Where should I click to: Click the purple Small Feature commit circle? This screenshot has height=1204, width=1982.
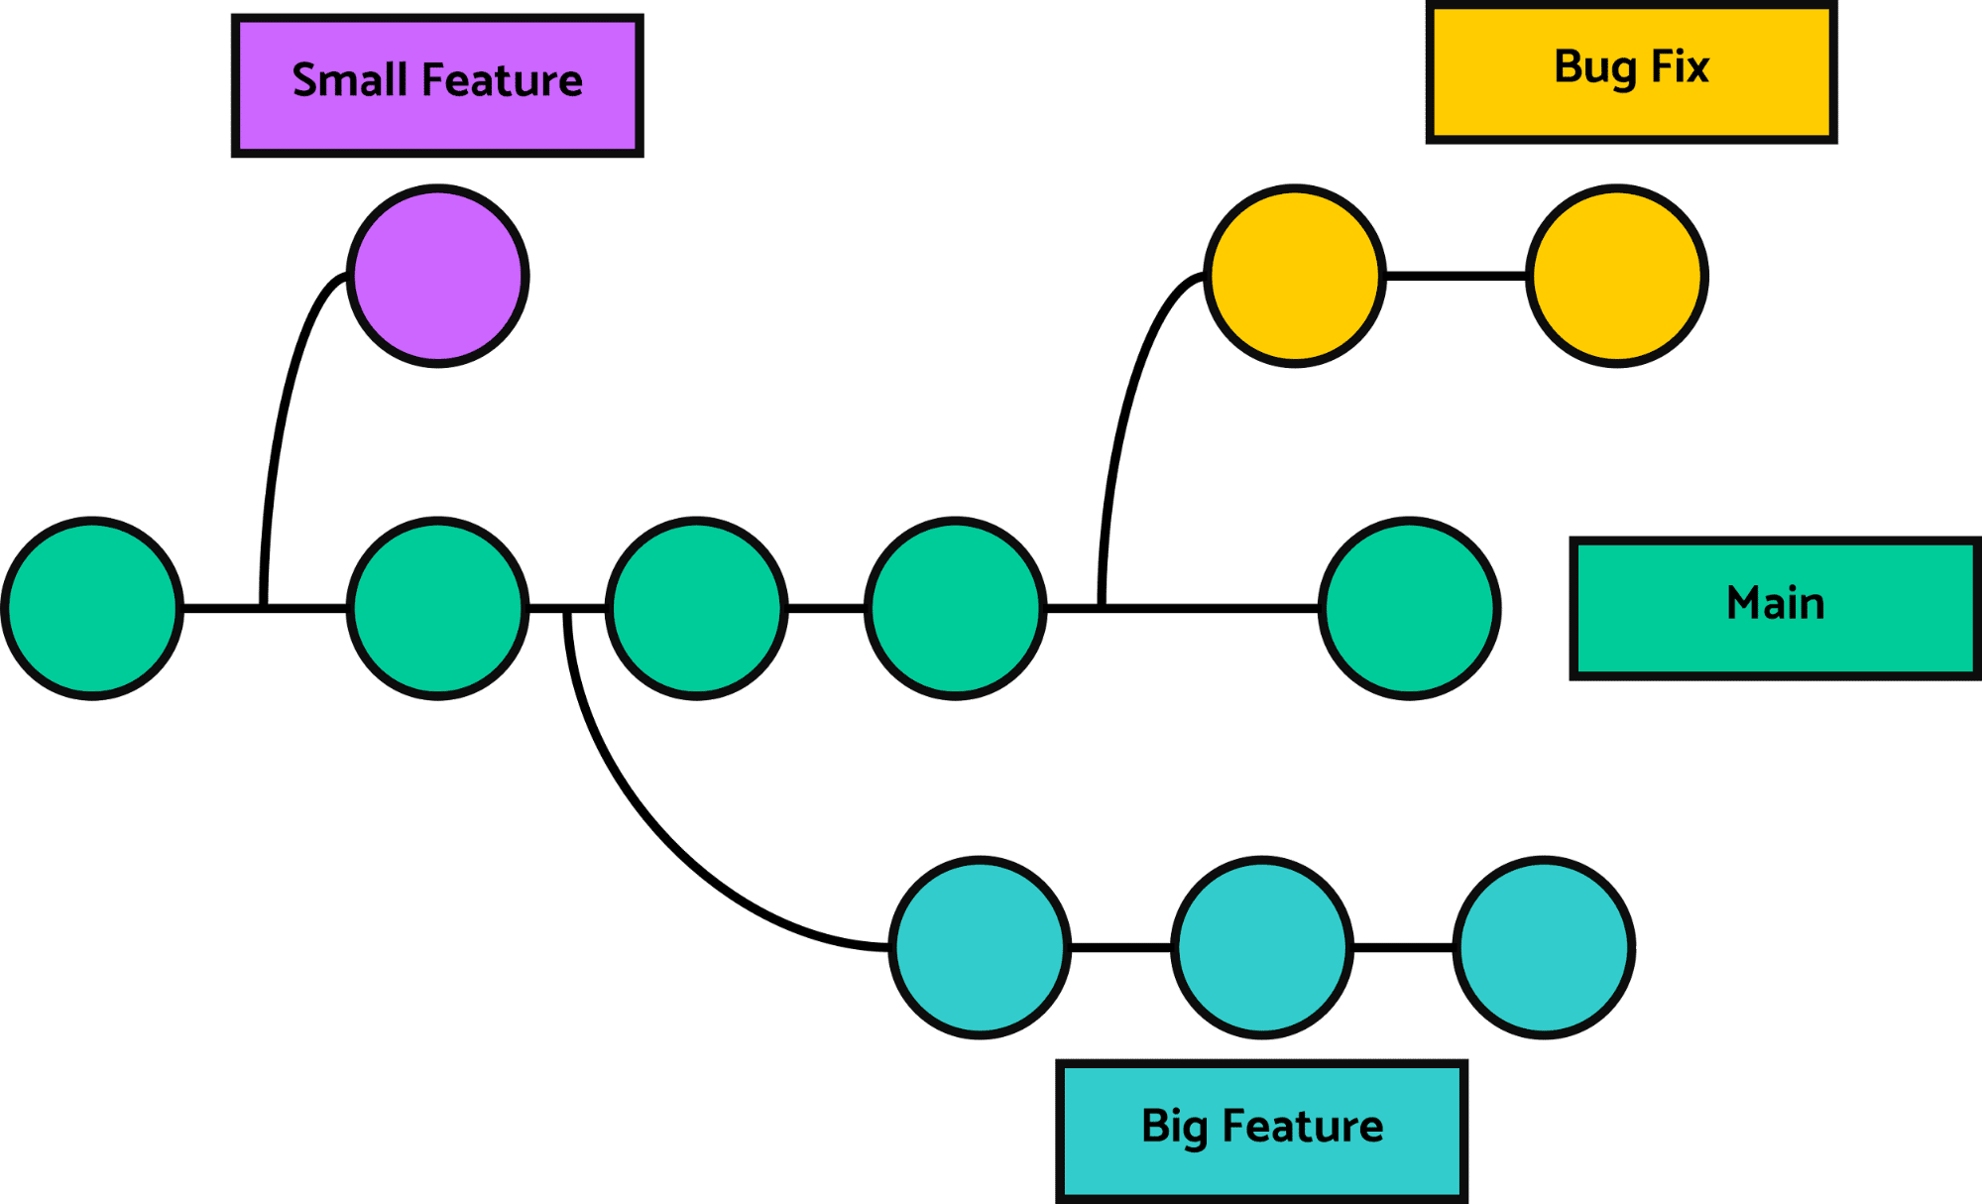(x=437, y=276)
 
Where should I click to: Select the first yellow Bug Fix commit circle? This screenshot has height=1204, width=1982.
(x=1295, y=276)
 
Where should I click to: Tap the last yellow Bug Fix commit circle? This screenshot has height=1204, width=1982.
(x=1617, y=276)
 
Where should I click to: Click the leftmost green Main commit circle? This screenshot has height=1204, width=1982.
(x=92, y=608)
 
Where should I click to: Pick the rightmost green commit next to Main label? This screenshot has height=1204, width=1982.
(x=1409, y=608)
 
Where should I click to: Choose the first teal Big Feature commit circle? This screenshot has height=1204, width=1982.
(x=980, y=947)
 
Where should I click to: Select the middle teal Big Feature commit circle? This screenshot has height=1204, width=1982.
(x=1262, y=947)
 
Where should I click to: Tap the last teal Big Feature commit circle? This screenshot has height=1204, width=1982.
(x=1544, y=947)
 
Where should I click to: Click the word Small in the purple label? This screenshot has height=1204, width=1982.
(x=349, y=80)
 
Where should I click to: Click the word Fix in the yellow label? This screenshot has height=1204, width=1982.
(x=1680, y=67)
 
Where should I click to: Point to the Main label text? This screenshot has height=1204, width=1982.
(x=1775, y=603)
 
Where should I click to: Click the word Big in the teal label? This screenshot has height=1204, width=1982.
(x=1174, y=1127)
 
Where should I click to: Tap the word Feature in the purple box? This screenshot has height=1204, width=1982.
(x=502, y=80)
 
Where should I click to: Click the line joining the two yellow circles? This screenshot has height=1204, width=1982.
(x=1456, y=276)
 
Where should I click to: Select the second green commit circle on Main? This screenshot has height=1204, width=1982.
(x=437, y=608)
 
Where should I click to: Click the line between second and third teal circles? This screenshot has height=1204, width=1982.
(x=1403, y=948)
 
